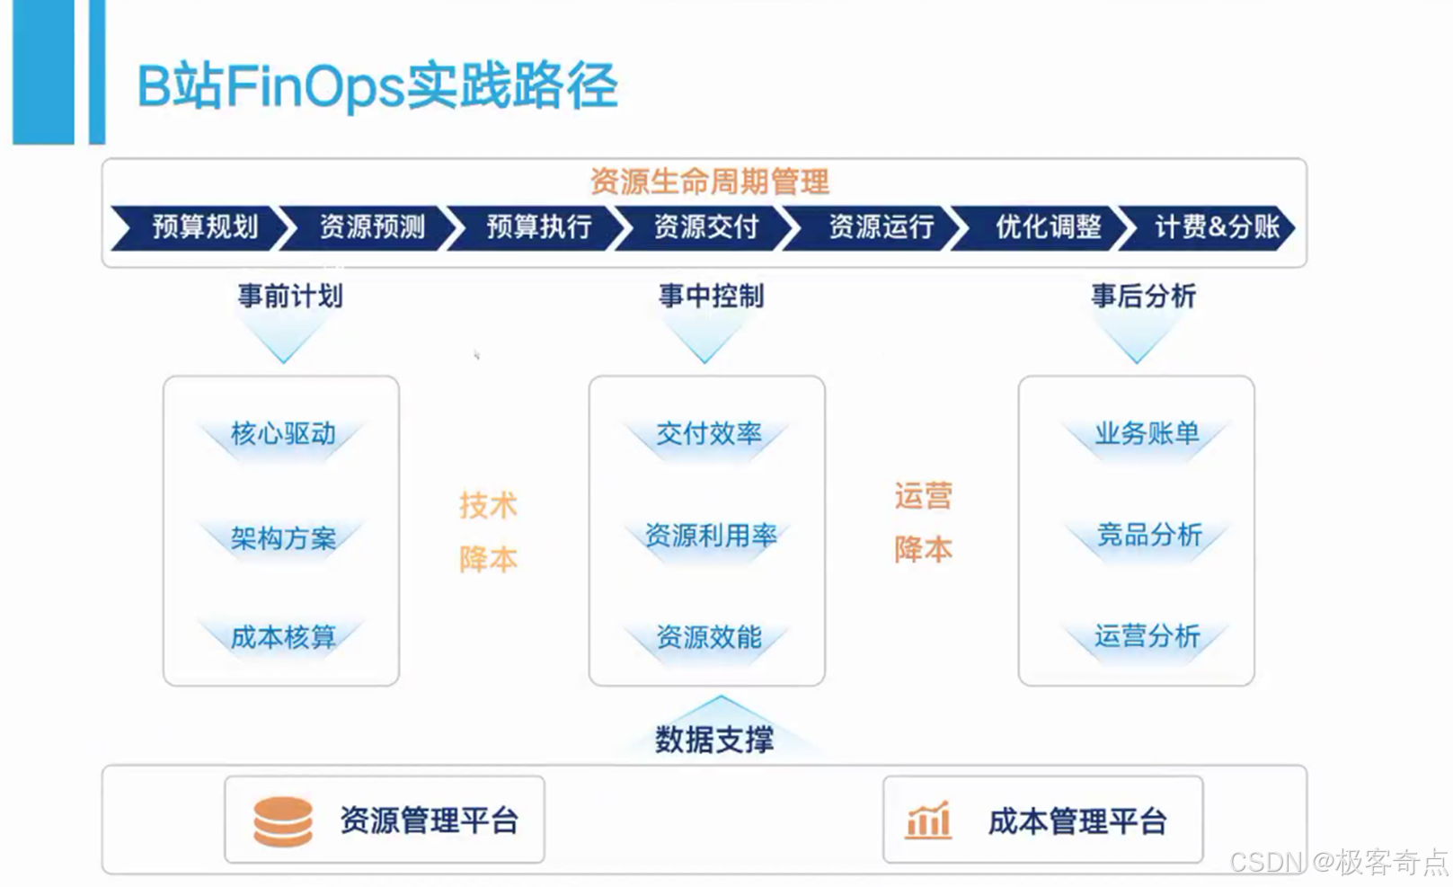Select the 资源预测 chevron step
click(371, 226)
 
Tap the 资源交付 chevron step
click(705, 226)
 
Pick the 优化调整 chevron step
click(1047, 226)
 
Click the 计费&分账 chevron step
click(1215, 226)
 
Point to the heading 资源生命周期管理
click(709, 182)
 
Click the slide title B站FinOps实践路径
click(377, 87)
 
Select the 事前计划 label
click(289, 296)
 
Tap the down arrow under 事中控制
click(704, 341)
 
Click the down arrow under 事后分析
click(1136, 341)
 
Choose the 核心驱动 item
click(283, 434)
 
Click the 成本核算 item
click(283, 637)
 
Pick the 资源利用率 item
click(710, 536)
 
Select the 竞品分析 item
click(1148, 535)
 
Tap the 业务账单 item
click(1147, 433)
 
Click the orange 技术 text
click(488, 505)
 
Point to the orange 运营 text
click(923, 496)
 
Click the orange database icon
click(283, 821)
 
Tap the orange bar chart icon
click(928, 820)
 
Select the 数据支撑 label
click(713, 740)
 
